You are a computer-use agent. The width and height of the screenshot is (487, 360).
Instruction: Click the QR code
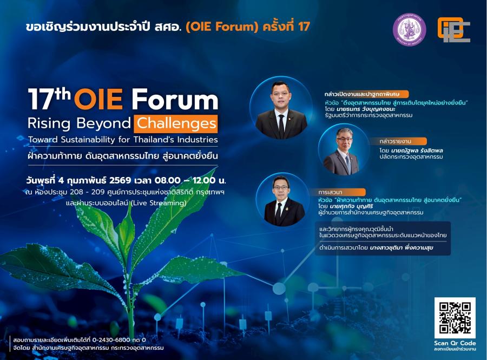coord(455,318)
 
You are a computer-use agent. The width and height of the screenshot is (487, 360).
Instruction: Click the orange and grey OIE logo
coord(454,30)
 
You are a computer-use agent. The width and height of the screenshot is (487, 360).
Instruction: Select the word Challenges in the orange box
coord(176,123)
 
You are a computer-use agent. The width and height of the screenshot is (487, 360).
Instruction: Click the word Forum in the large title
coord(175,100)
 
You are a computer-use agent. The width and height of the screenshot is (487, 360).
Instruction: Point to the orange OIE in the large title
coord(98,100)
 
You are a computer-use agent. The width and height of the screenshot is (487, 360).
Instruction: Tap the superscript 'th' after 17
coord(63,93)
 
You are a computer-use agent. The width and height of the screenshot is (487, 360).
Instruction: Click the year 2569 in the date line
coord(120,180)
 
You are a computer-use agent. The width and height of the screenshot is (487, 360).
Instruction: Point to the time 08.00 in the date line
coord(167,180)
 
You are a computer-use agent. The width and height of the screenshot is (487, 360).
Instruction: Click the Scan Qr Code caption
coord(455,343)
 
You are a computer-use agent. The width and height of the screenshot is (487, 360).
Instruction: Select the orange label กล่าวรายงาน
coord(396,141)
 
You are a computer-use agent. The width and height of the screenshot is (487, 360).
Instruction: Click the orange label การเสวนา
coord(330,192)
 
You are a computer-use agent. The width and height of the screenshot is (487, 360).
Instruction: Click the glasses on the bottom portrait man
coord(281,188)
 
